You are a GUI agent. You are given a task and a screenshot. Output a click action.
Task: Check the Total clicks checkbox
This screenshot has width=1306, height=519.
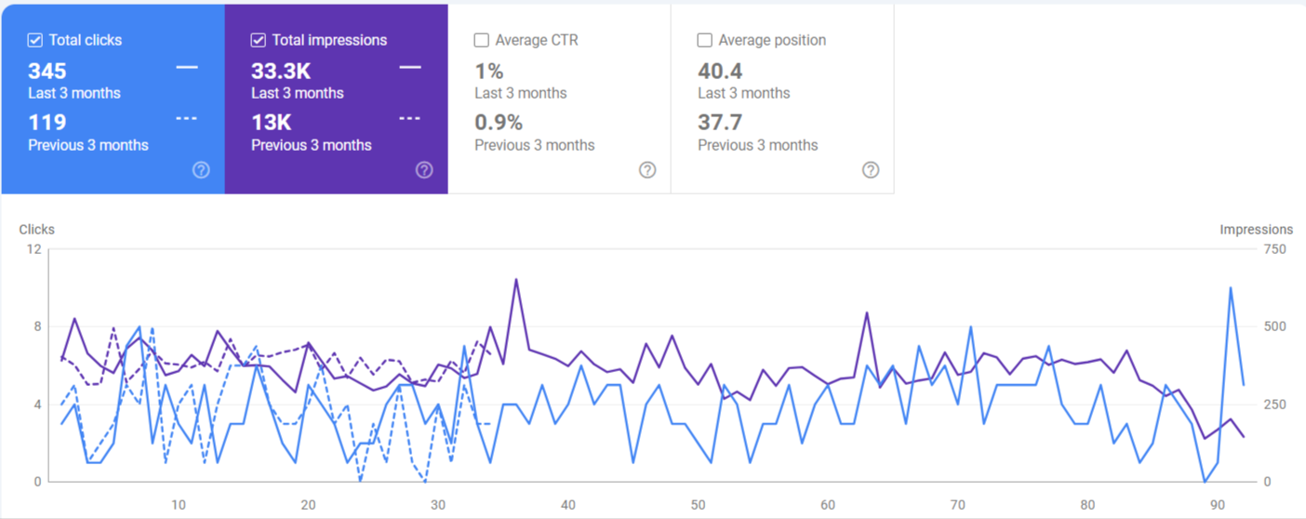coord(35,40)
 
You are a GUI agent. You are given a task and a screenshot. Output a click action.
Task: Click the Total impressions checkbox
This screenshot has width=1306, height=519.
coord(259,40)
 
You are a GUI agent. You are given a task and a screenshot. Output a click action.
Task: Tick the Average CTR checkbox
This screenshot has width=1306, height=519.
coord(482,40)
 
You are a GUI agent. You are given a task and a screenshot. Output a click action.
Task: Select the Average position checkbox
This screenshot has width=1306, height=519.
coord(705,40)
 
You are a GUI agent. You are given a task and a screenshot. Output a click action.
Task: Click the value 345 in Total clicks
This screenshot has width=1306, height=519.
coord(47,71)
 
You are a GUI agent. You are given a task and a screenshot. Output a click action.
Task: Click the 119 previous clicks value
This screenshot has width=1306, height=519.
coord(47,122)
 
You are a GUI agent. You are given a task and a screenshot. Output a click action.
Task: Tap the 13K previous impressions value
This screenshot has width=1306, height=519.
coord(272,122)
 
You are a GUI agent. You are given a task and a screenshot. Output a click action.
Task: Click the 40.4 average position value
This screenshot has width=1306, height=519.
coord(720,71)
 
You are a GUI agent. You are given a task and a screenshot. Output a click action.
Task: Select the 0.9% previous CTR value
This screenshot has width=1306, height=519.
coord(499,122)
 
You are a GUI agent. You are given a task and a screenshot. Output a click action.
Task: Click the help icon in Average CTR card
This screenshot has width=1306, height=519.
coord(647,169)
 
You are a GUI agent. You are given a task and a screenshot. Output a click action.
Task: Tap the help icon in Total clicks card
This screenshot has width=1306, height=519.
coord(201,169)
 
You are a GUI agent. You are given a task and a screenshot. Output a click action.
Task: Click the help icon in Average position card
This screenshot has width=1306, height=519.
coord(871,169)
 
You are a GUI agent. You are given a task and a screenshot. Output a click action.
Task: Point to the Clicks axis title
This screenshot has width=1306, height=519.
coord(37,229)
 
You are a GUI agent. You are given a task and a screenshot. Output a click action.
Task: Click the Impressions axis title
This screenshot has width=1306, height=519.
coord(1256,229)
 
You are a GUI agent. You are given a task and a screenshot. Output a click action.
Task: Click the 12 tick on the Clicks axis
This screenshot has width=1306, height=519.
coord(34,248)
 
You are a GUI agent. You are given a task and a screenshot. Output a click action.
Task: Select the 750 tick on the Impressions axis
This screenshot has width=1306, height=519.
coord(1273,248)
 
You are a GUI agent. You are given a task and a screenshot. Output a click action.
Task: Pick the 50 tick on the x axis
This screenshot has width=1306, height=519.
coord(698,505)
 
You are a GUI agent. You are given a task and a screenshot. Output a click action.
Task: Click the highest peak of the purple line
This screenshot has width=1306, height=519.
coord(516,279)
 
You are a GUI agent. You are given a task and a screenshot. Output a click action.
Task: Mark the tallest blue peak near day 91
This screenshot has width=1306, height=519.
coord(1231,287)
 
